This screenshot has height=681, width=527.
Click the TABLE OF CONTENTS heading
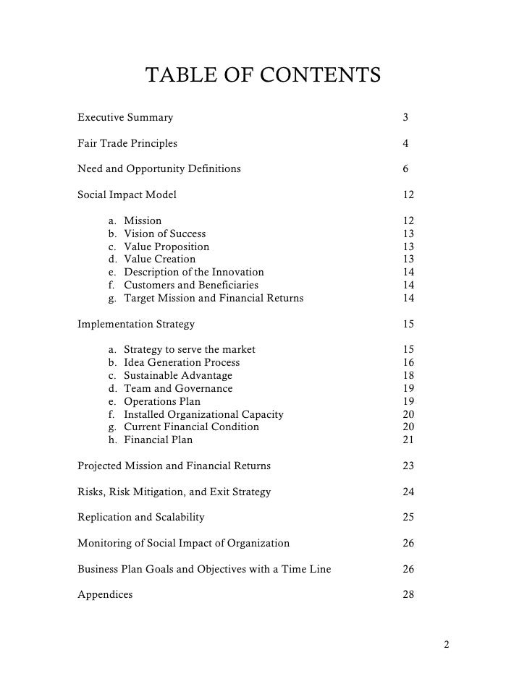tap(263, 75)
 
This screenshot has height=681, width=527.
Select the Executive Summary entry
tap(125, 117)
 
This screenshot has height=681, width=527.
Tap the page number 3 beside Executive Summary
tap(406, 117)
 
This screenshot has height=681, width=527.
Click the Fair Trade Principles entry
tap(127, 143)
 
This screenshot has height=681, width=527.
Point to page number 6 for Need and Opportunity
tap(406, 169)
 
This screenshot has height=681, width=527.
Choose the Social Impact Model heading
tap(127, 194)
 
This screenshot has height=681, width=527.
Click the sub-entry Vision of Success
tap(164, 234)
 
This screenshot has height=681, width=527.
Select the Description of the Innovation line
tap(193, 273)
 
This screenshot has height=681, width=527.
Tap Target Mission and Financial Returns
tap(214, 298)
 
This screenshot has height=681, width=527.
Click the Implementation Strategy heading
tap(136, 324)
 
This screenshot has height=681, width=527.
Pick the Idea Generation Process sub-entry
tap(182, 362)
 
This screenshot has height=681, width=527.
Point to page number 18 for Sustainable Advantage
tap(408, 375)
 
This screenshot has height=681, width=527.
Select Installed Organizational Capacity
tap(203, 414)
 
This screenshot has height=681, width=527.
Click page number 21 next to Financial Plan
tap(408, 440)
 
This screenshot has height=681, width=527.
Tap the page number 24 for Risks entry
tap(408, 492)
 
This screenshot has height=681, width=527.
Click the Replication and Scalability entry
tap(140, 518)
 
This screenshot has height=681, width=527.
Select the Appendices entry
tap(105, 595)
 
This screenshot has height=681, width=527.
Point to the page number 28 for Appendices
tap(408, 595)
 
